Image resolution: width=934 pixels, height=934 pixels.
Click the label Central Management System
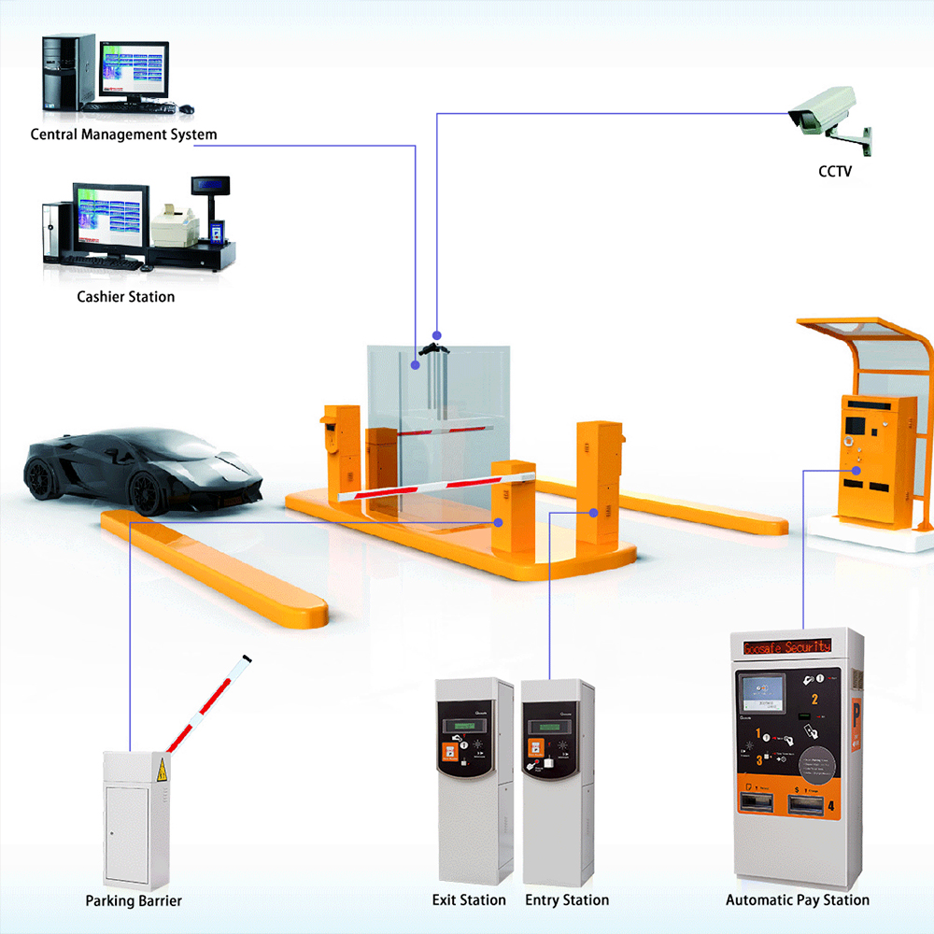(123, 134)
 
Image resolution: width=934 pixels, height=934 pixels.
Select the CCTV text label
(835, 172)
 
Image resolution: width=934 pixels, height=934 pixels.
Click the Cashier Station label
(125, 297)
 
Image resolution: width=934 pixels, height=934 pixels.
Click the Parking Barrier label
(134, 901)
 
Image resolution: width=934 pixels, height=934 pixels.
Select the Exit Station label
(469, 900)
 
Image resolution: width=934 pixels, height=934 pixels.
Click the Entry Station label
(567, 900)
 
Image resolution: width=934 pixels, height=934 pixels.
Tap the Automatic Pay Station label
(798, 900)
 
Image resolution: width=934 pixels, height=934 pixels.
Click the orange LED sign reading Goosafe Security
(785, 646)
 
